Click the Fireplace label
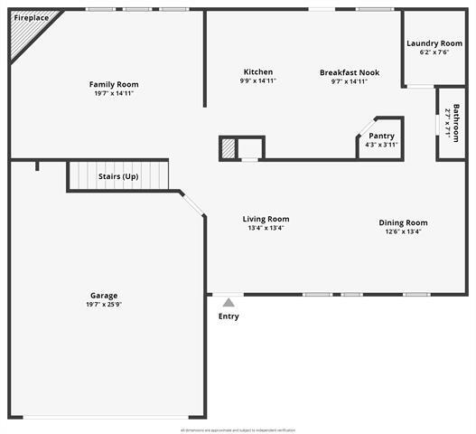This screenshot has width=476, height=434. (32, 17)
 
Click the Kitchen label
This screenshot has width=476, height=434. (258, 72)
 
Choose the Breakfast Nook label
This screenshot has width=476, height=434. (350, 72)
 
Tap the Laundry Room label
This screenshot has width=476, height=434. (434, 43)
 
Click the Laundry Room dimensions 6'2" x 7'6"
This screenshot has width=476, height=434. (434, 52)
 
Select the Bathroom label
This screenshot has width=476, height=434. (456, 123)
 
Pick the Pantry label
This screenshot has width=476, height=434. (381, 136)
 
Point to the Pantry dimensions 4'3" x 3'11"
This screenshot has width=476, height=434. (381, 145)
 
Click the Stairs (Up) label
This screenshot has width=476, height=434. (118, 175)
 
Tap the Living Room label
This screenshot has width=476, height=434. (266, 219)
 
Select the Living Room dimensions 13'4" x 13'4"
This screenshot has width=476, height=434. (266, 228)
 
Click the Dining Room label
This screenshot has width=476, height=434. (403, 222)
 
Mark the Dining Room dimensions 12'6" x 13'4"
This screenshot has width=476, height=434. (403, 231)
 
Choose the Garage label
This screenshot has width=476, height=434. (104, 296)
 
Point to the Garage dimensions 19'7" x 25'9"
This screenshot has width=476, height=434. (104, 305)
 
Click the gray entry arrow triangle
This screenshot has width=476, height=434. (229, 303)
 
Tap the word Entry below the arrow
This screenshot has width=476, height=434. (229, 316)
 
